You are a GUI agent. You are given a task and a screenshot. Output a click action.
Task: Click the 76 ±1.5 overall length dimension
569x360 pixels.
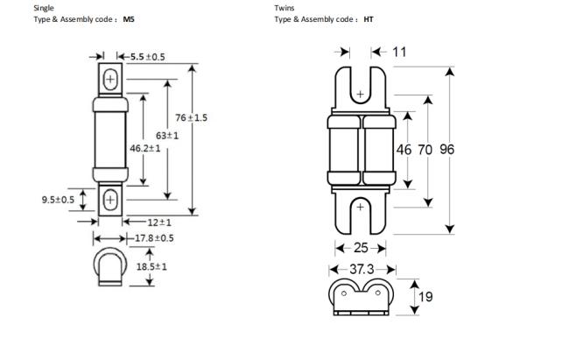pos(191,117)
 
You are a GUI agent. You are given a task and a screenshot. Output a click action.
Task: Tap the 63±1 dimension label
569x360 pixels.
pos(167,136)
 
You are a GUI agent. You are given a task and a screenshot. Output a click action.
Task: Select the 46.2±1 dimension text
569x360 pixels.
pos(144,148)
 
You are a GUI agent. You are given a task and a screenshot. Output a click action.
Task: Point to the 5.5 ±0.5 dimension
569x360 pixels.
pos(148,57)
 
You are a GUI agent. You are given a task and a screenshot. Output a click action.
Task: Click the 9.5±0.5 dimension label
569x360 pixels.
pos(58,200)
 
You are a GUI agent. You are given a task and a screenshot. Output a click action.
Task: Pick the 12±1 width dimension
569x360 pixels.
pos(159,222)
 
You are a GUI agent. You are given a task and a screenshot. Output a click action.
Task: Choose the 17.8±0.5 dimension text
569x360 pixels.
pos(154,238)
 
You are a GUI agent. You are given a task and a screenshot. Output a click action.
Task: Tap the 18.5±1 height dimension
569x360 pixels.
pos(151,266)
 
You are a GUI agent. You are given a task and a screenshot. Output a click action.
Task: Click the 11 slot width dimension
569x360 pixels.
pos(399,52)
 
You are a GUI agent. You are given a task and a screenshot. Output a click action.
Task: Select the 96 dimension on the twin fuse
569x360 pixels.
pos(446,149)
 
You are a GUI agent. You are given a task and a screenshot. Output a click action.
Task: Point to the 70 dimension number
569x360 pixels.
pos(425,149)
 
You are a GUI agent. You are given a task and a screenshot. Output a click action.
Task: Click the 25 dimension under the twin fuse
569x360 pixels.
pos(361,248)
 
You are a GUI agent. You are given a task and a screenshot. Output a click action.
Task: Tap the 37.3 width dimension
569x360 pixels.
pos(362,269)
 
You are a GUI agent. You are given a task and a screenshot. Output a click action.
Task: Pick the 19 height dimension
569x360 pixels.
pos(425,297)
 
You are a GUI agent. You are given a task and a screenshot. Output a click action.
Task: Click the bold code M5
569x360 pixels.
pos(129,19)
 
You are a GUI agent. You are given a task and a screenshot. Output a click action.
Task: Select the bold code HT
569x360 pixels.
pos(369,19)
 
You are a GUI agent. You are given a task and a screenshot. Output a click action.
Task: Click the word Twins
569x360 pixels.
pos(284,8)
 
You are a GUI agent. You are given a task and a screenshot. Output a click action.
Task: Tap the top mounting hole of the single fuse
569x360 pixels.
pos(110,79)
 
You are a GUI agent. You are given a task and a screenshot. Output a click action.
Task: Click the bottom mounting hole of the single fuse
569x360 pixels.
pos(110,200)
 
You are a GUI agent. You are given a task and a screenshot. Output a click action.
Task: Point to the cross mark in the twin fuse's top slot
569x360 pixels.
pos(360,94)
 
